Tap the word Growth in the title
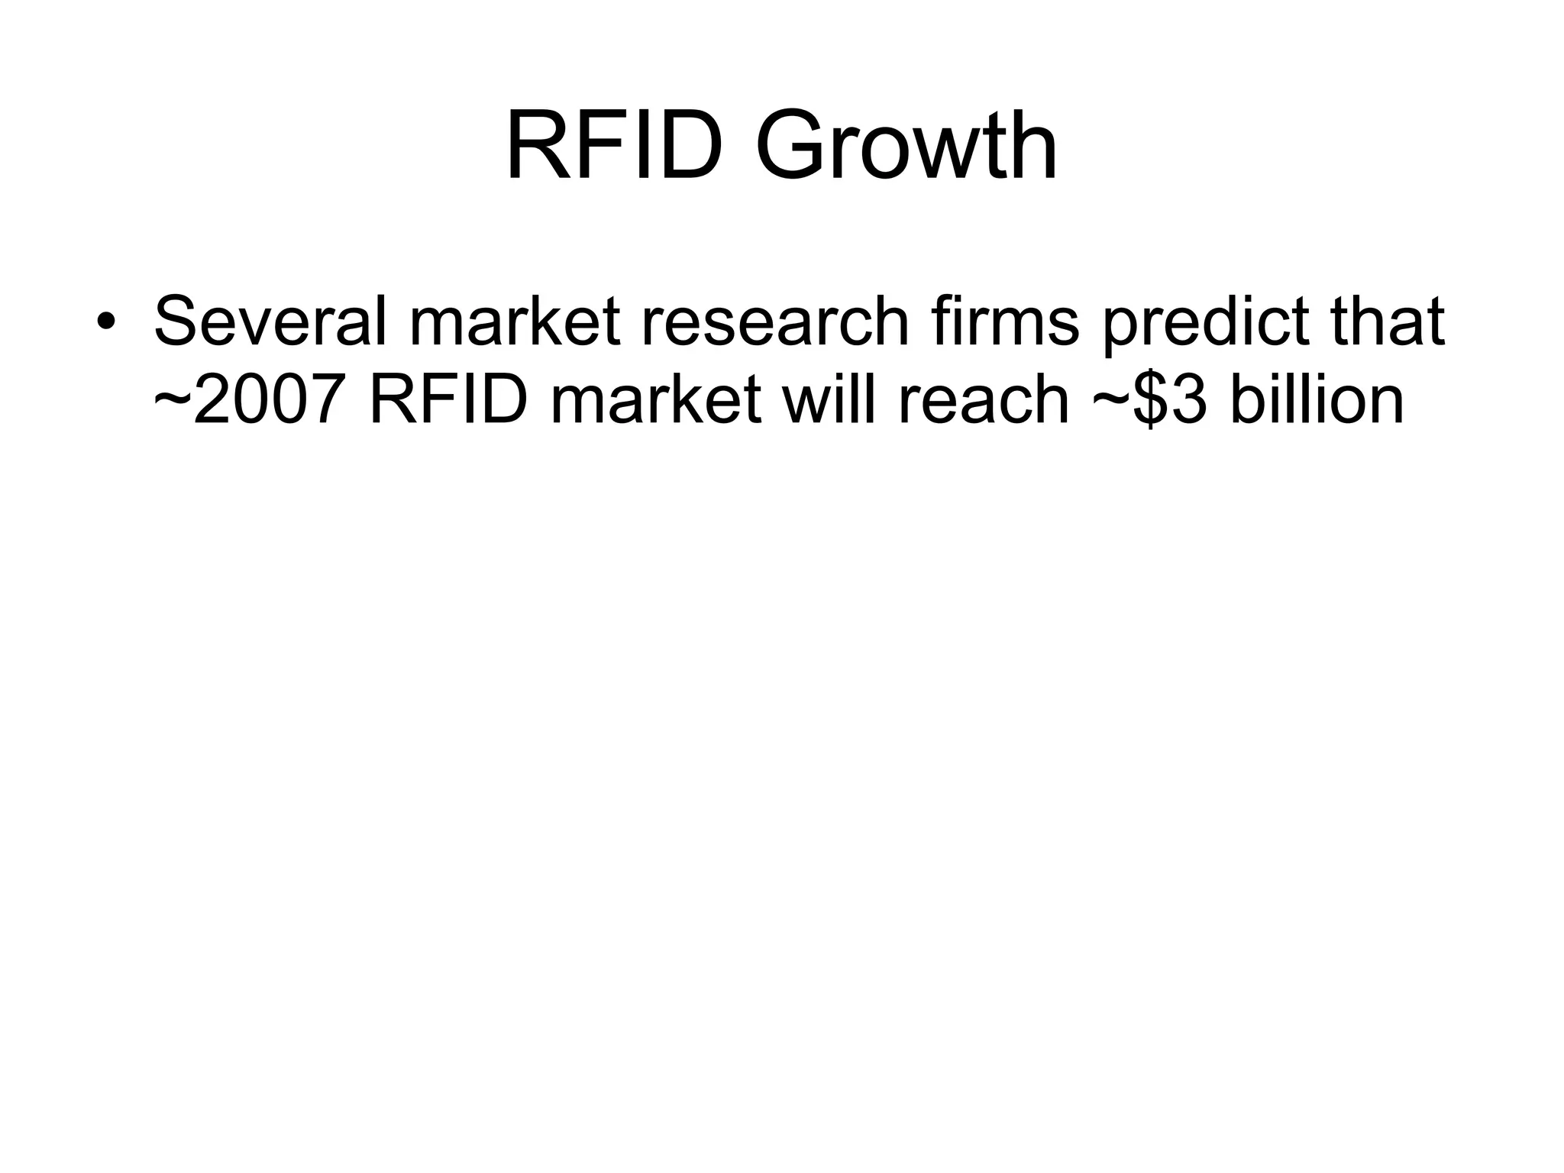pos(906,145)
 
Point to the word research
pos(774,321)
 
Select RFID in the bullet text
pos(448,401)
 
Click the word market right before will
pos(655,401)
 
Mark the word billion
pos(1317,401)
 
